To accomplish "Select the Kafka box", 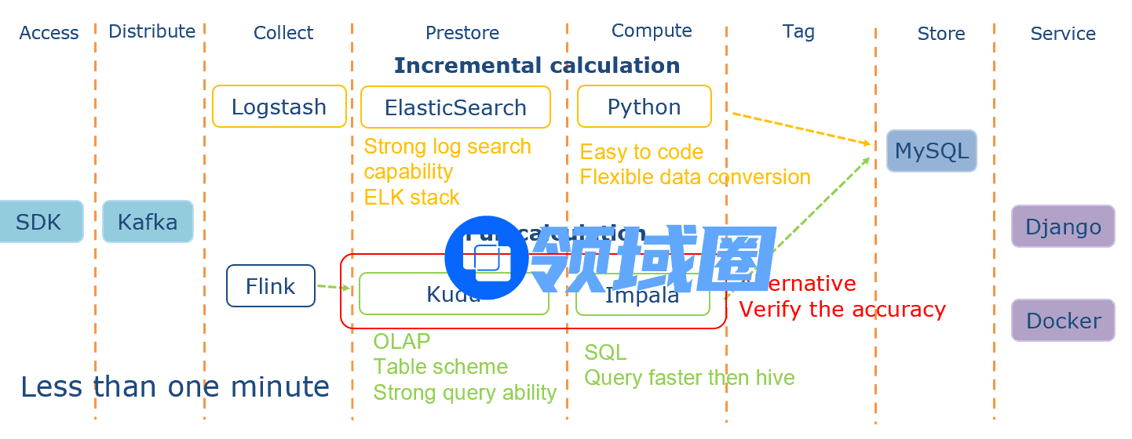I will click(148, 222).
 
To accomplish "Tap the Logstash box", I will click(279, 107).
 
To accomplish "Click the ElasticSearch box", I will click(455, 107).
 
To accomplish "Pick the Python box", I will click(644, 107).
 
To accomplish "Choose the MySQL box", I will click(931, 151).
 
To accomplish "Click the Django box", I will click(1063, 227).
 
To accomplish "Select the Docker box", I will click(1063, 321).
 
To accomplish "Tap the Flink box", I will click(270, 286).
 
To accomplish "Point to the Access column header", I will click(49, 33).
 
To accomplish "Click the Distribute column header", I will click(152, 31).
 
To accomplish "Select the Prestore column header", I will click(462, 33).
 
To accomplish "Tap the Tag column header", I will click(798, 31).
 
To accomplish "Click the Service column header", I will click(1063, 34).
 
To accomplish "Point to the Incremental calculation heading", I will click(537, 65).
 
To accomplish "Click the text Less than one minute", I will click(174, 387).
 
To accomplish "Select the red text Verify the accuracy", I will click(842, 310).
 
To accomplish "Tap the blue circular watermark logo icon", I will click(487, 257).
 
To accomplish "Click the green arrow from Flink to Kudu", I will click(334, 288).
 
